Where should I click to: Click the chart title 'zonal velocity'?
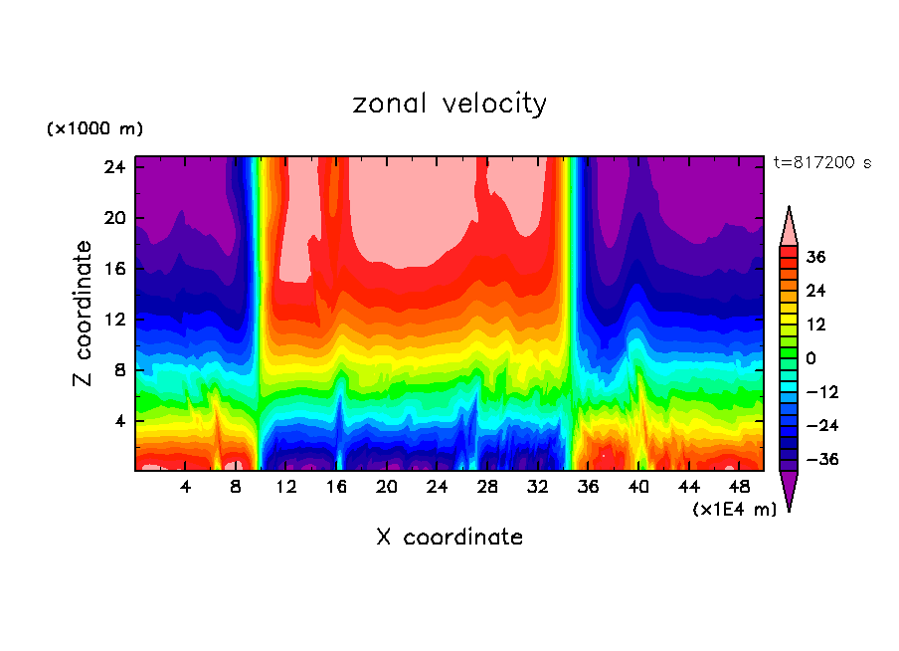[x=449, y=104]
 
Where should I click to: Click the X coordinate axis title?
[x=449, y=538]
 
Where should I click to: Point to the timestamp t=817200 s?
[x=822, y=162]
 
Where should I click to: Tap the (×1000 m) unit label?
[x=95, y=129]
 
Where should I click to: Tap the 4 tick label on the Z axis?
[x=120, y=421]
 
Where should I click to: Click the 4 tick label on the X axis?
[x=185, y=487]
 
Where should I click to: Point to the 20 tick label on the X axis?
[x=387, y=487]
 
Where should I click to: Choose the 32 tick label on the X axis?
[x=538, y=487]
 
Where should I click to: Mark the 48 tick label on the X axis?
[x=740, y=487]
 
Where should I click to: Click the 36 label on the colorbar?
[x=815, y=257]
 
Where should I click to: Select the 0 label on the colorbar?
[x=810, y=358]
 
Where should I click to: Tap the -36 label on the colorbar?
[x=818, y=460]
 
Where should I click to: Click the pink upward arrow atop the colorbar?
[x=789, y=226]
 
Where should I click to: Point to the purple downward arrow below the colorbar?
[x=789, y=490]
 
